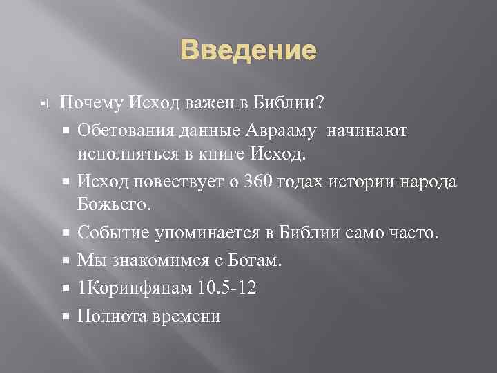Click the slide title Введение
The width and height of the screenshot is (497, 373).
click(x=249, y=50)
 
